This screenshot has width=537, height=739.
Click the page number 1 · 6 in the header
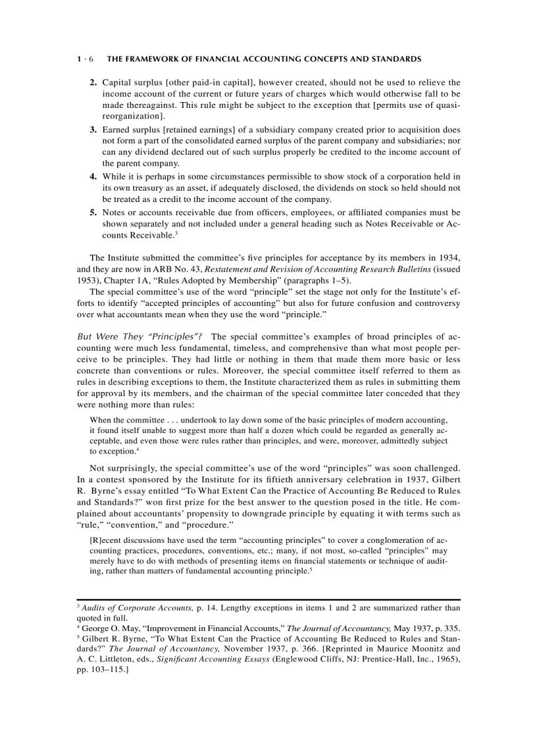(x=86, y=59)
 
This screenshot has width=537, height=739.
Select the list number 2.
(x=93, y=83)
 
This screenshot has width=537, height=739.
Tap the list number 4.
(x=93, y=176)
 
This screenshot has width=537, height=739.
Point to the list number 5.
(x=93, y=213)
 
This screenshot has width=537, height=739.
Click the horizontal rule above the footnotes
(x=268, y=599)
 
